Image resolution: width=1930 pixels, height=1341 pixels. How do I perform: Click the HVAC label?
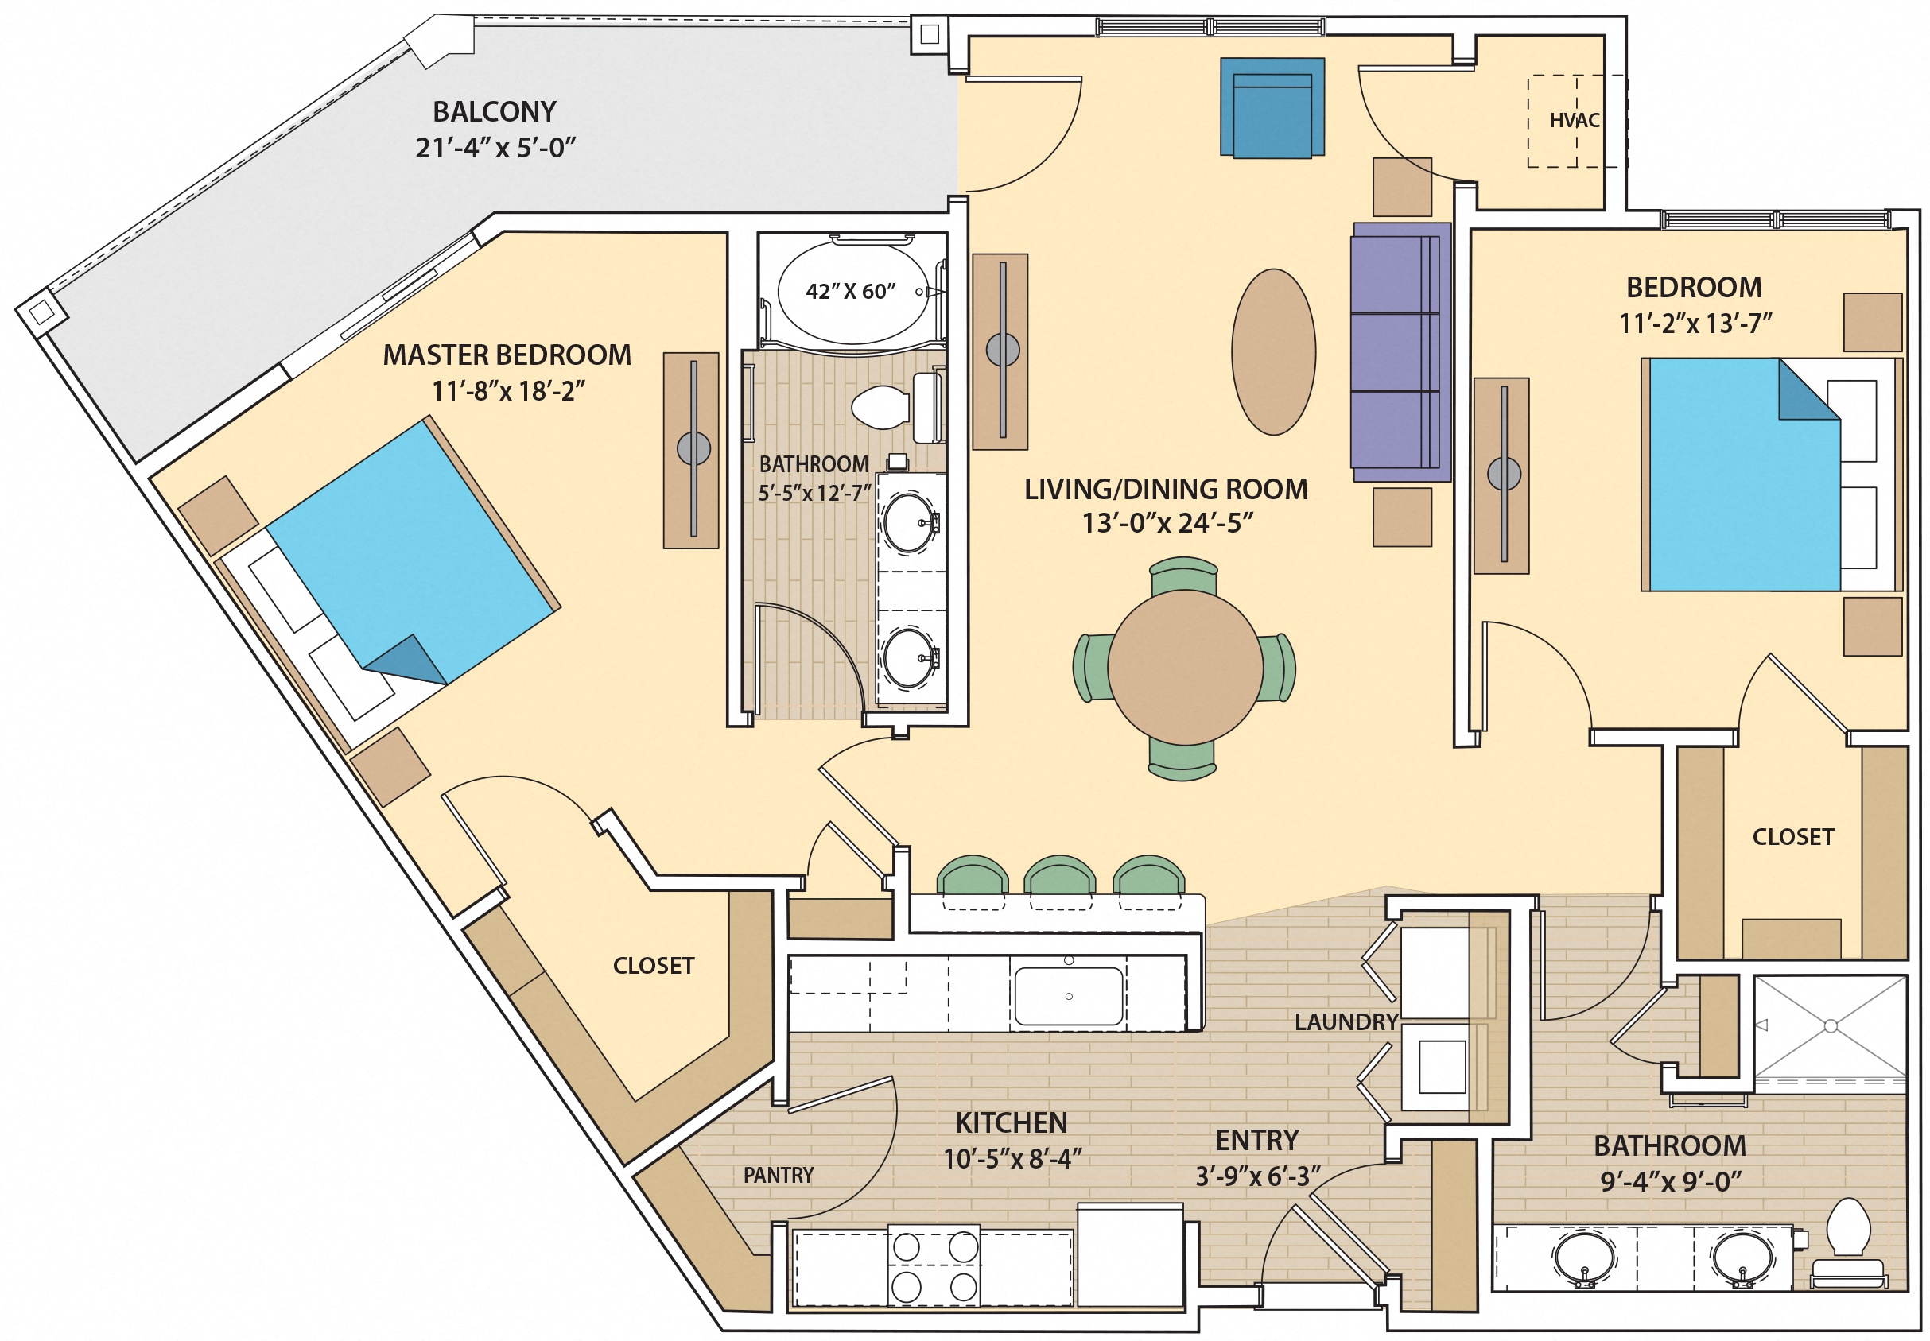1574,120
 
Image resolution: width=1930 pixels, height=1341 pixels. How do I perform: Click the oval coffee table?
1273,352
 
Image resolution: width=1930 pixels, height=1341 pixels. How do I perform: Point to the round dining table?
1184,668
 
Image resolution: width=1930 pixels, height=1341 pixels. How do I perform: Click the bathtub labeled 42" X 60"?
851,292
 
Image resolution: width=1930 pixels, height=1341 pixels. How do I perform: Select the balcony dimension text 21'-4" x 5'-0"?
495,148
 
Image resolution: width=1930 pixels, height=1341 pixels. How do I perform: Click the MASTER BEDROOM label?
507,355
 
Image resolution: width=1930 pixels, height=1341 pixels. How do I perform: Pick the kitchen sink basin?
1069,997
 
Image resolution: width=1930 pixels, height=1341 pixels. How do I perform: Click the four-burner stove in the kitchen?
934,1266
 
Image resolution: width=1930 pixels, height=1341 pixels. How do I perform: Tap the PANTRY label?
778,1175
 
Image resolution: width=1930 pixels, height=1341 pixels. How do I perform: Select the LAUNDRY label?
1346,1021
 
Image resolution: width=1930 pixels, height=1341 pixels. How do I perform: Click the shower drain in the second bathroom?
1830,1026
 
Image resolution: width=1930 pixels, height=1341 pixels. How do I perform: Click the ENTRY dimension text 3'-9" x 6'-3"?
1257,1176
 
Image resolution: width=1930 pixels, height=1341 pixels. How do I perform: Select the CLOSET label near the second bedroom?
1792,837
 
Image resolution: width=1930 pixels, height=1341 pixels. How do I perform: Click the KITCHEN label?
1012,1122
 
